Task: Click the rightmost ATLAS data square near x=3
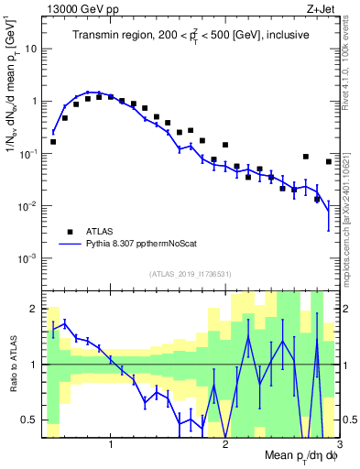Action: [x=329, y=162]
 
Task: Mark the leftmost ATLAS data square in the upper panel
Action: [x=53, y=142]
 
